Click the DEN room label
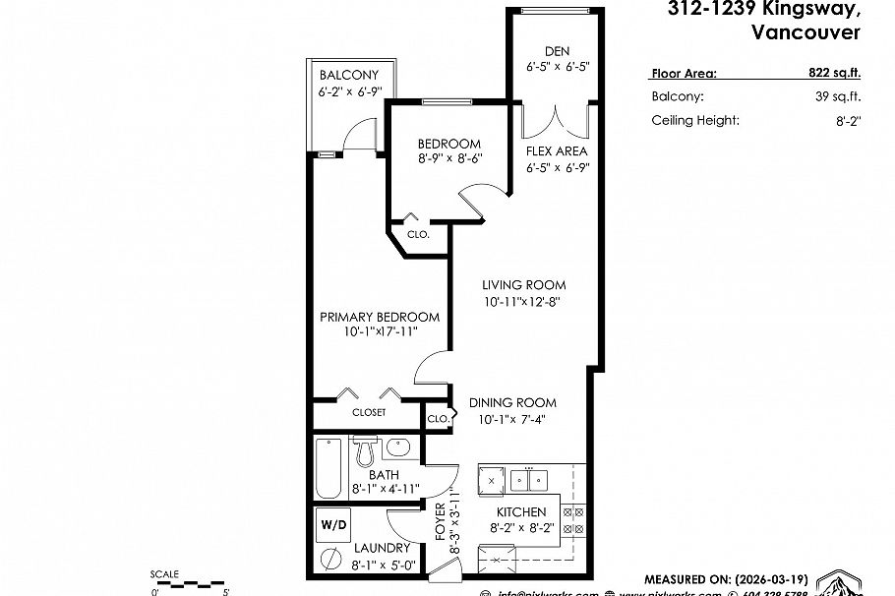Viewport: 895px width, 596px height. coord(557,51)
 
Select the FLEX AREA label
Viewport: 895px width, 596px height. coord(557,151)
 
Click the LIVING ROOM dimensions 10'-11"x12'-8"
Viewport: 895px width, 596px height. coord(523,302)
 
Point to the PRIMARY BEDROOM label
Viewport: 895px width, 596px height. coord(380,317)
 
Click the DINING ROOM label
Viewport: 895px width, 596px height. coord(511,402)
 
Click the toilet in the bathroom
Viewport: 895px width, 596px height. coord(366,451)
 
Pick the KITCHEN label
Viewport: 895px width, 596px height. coord(520,512)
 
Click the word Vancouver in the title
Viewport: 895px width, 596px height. coord(805,32)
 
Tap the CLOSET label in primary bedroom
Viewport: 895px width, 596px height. coord(369,413)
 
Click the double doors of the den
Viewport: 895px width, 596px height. coord(557,120)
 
